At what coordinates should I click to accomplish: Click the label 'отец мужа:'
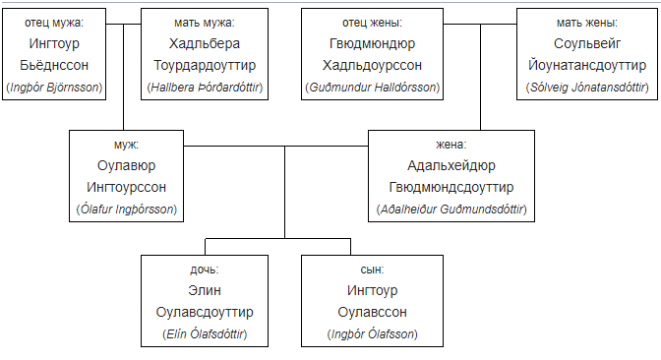click(54, 23)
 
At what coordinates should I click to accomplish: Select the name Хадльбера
click(205, 43)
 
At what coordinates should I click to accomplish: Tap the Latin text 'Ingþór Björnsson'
click(54, 88)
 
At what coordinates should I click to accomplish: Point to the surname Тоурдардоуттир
click(205, 65)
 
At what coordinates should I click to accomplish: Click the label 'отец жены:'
click(372, 23)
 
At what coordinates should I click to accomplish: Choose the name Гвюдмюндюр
click(372, 43)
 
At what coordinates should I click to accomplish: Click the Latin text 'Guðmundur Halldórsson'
click(373, 88)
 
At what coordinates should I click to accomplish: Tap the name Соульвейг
click(587, 43)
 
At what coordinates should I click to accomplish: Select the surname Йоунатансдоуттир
click(587, 65)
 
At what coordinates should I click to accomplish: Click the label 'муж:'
click(127, 145)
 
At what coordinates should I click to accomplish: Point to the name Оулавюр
click(127, 165)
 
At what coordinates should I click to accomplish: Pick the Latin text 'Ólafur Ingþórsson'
click(127, 210)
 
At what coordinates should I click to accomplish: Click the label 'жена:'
click(451, 145)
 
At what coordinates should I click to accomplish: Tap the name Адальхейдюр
click(451, 165)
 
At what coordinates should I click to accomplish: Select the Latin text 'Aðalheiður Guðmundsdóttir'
click(451, 210)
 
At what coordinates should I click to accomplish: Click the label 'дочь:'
click(205, 270)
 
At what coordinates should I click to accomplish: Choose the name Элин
click(205, 290)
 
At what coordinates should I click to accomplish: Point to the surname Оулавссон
click(372, 313)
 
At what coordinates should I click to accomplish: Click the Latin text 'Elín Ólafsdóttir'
click(205, 333)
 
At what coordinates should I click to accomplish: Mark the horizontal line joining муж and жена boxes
click(275, 147)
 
